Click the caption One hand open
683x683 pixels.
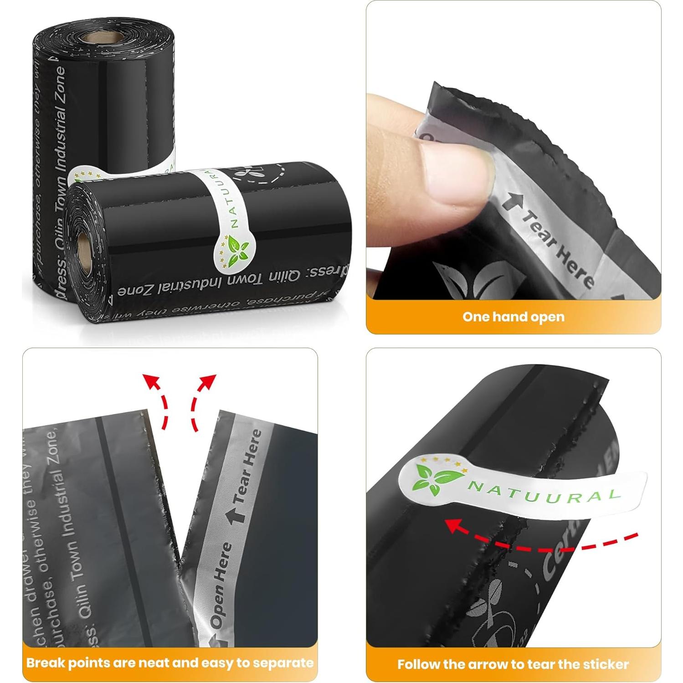[513, 317]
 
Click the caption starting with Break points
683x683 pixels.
[169, 662]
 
